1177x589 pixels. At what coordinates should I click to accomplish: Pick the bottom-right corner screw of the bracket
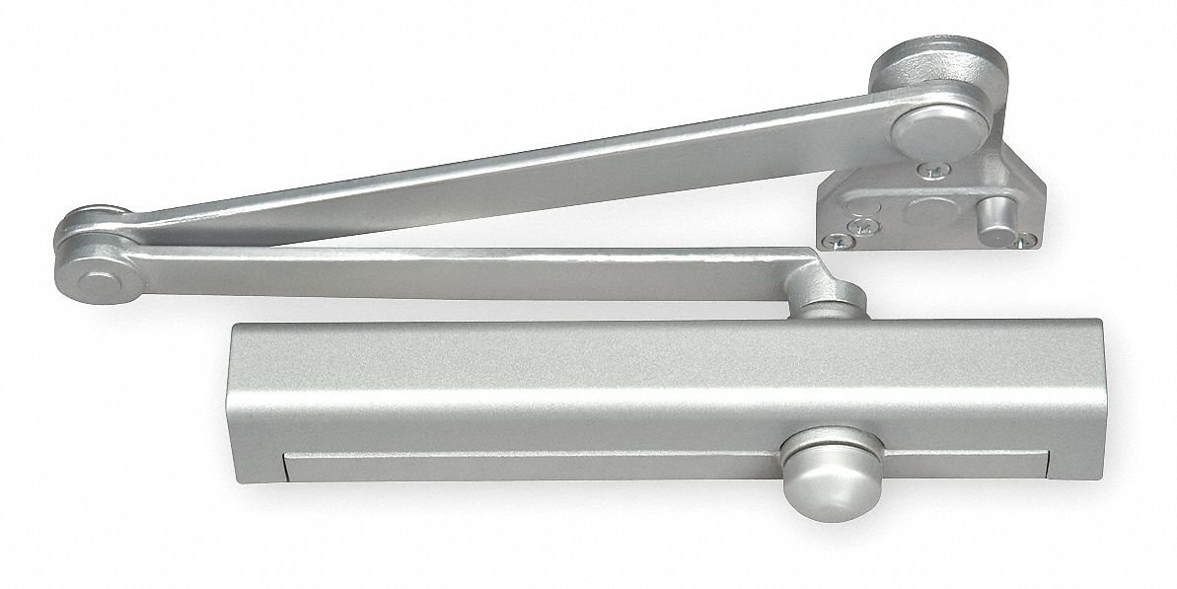click(1028, 237)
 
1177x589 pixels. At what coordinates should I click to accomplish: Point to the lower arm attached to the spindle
click(444, 270)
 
